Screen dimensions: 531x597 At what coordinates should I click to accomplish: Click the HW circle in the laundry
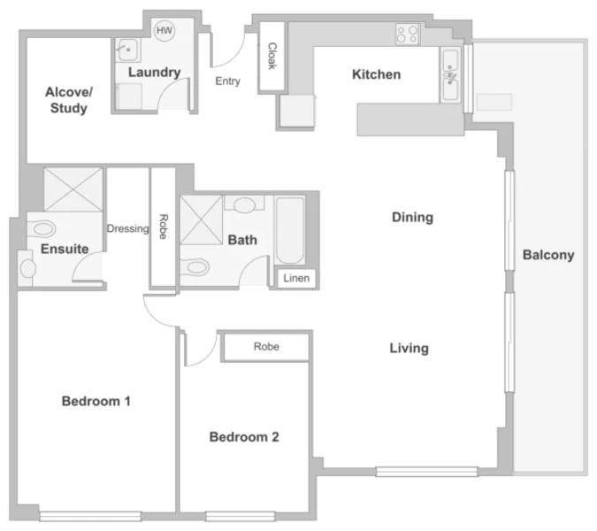click(x=165, y=31)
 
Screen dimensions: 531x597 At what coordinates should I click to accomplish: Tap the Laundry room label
click(x=154, y=73)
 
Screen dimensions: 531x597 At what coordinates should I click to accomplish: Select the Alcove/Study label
click(x=68, y=100)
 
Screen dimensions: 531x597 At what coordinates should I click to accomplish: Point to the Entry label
click(x=227, y=81)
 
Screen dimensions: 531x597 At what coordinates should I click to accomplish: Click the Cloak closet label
click(x=272, y=57)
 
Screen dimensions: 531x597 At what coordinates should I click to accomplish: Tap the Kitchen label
click(x=376, y=74)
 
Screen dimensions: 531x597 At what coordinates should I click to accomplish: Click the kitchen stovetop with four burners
click(x=407, y=35)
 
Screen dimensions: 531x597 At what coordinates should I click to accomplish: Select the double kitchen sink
click(x=450, y=74)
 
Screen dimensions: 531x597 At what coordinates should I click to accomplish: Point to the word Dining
click(x=412, y=217)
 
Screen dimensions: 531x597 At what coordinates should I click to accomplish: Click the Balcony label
click(x=548, y=255)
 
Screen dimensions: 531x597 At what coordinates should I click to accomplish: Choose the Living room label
click(x=409, y=348)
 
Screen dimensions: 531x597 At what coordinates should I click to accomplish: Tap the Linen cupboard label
click(x=295, y=279)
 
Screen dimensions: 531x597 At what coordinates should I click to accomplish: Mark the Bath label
click(x=242, y=240)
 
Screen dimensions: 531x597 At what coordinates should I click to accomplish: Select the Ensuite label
click(x=65, y=249)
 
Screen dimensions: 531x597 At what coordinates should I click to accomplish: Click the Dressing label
click(x=127, y=228)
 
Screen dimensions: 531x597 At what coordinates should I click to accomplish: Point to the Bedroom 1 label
click(x=96, y=401)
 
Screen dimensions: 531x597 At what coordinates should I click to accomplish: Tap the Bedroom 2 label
click(x=244, y=436)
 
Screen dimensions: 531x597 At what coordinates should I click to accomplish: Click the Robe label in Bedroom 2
click(x=266, y=347)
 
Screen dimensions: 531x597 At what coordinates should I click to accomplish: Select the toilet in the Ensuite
click(x=27, y=264)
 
